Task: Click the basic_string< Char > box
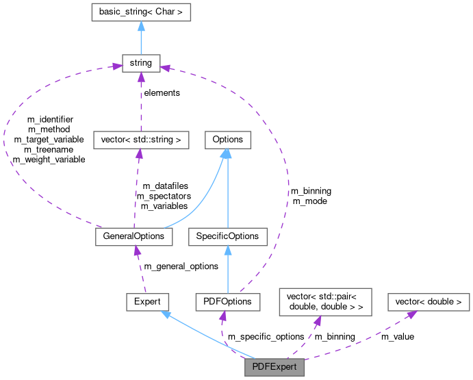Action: coord(140,12)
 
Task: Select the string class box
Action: coord(140,64)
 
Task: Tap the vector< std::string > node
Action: coord(140,140)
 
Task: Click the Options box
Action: coord(228,140)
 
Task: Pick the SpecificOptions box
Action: coord(227,236)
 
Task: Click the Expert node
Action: coord(147,301)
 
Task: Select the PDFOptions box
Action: coord(227,301)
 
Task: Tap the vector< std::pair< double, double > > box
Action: coord(324,301)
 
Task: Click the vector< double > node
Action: coord(429,301)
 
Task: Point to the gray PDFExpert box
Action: coord(274,366)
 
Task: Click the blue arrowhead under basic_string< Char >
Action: coord(140,25)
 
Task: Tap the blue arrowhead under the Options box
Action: coord(227,154)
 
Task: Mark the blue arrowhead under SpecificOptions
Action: coord(227,250)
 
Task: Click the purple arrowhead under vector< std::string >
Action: coord(140,154)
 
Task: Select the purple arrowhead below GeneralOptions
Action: coord(137,251)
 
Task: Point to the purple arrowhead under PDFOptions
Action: coord(222,316)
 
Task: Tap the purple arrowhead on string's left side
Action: coord(116,66)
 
